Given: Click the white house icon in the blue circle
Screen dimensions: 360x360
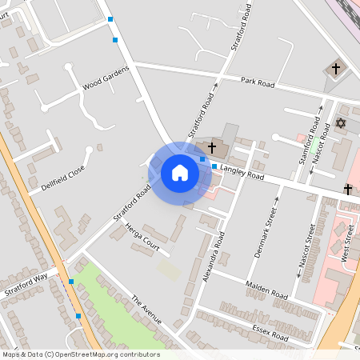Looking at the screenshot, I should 180,172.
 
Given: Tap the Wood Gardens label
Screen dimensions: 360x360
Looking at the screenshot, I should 105,80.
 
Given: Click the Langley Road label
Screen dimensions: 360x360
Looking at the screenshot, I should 242,171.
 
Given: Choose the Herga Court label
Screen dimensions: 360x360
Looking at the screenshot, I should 142,238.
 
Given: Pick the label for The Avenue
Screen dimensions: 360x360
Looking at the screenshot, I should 146,310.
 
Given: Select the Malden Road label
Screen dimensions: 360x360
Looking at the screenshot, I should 267,294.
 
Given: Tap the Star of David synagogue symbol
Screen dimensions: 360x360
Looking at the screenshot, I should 340,124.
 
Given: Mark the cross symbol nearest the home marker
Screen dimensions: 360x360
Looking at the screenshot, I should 212,148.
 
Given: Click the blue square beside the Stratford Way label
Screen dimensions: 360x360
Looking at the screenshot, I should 71,282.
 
